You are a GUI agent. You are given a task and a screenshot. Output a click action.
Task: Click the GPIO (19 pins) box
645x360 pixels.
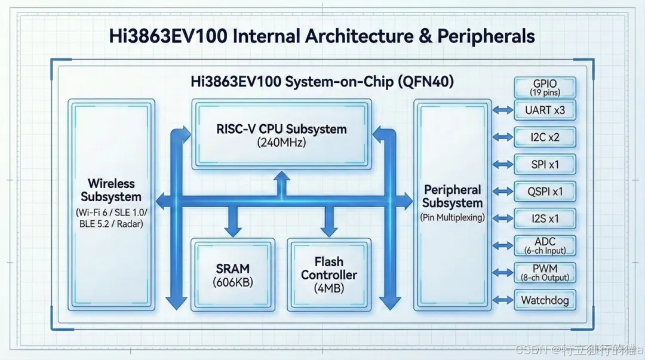tap(545, 88)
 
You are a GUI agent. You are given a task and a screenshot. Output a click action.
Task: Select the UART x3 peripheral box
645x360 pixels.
tap(545, 110)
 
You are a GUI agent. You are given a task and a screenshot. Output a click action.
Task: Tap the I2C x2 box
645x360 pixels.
tap(545, 137)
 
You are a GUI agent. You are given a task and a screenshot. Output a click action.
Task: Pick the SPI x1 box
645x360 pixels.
tap(545, 164)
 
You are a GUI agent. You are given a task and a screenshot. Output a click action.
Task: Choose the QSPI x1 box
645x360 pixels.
tap(545, 192)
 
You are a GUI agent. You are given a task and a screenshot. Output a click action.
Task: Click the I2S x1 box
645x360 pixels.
tap(545, 219)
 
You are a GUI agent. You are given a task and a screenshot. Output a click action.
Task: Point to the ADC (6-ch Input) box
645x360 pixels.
tap(545, 245)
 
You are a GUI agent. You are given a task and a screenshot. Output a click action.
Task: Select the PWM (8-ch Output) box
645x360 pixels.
tap(545, 272)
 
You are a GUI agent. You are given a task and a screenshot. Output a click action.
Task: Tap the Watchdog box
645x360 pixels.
tap(545, 300)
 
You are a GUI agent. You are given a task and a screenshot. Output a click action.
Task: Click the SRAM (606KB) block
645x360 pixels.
tap(233, 275)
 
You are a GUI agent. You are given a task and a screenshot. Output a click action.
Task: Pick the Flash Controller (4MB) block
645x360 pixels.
tap(329, 275)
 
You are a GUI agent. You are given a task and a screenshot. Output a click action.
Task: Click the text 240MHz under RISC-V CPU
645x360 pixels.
tap(281, 143)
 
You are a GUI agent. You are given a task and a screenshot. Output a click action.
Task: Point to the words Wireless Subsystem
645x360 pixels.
tap(111, 190)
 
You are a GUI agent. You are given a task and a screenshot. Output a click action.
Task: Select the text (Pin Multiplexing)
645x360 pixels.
tap(452, 217)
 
